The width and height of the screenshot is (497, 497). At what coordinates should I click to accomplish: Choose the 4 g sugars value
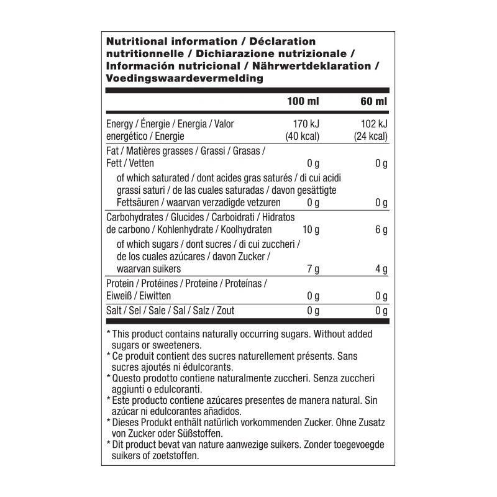382,269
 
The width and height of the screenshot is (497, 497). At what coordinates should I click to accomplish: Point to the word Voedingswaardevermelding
185,78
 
